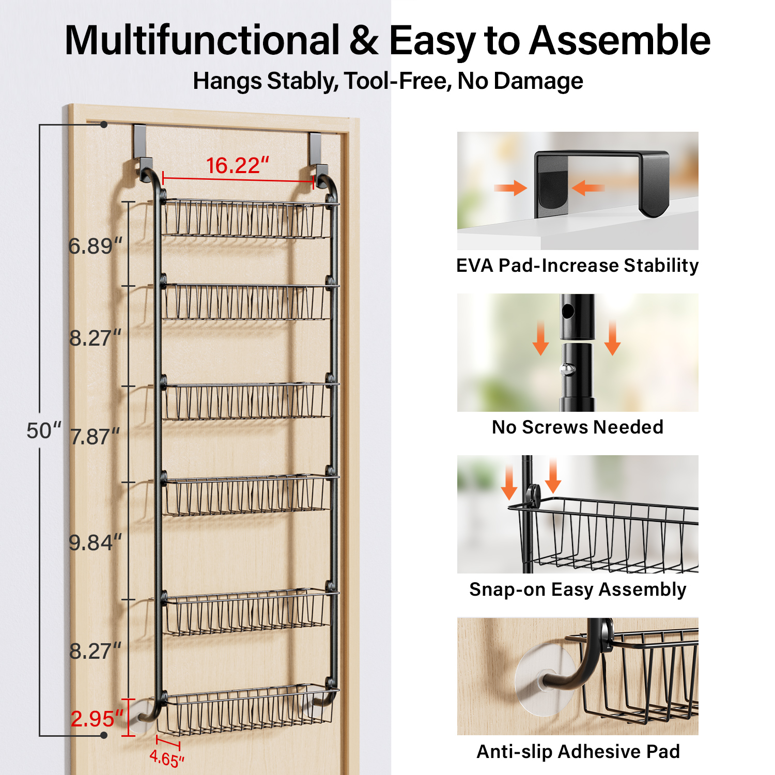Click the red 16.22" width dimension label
[x=238, y=166]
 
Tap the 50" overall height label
[x=43, y=430]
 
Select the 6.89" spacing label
[x=96, y=246]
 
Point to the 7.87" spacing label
[x=95, y=437]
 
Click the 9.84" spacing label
[x=96, y=543]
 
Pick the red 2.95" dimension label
[x=97, y=719]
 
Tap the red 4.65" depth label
[x=167, y=759]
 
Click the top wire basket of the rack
[x=247, y=219]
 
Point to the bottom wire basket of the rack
[x=247, y=709]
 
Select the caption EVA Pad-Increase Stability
[x=578, y=266]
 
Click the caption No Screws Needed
[x=578, y=427]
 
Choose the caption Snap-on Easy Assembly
[x=578, y=590]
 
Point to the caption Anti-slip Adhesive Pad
[x=578, y=752]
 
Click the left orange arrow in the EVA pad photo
[x=510, y=188]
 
